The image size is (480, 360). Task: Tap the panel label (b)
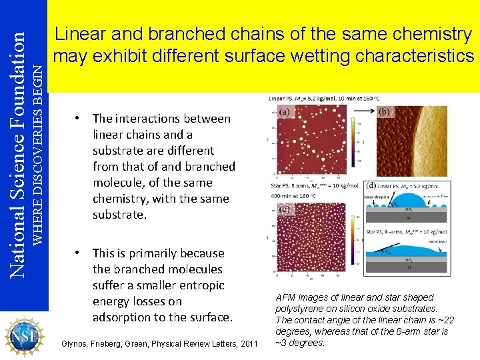click(x=385, y=112)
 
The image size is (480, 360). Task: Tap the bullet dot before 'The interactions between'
click(x=78, y=118)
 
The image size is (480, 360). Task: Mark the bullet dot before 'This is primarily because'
click(x=78, y=253)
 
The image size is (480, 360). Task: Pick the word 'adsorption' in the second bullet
click(x=122, y=317)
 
